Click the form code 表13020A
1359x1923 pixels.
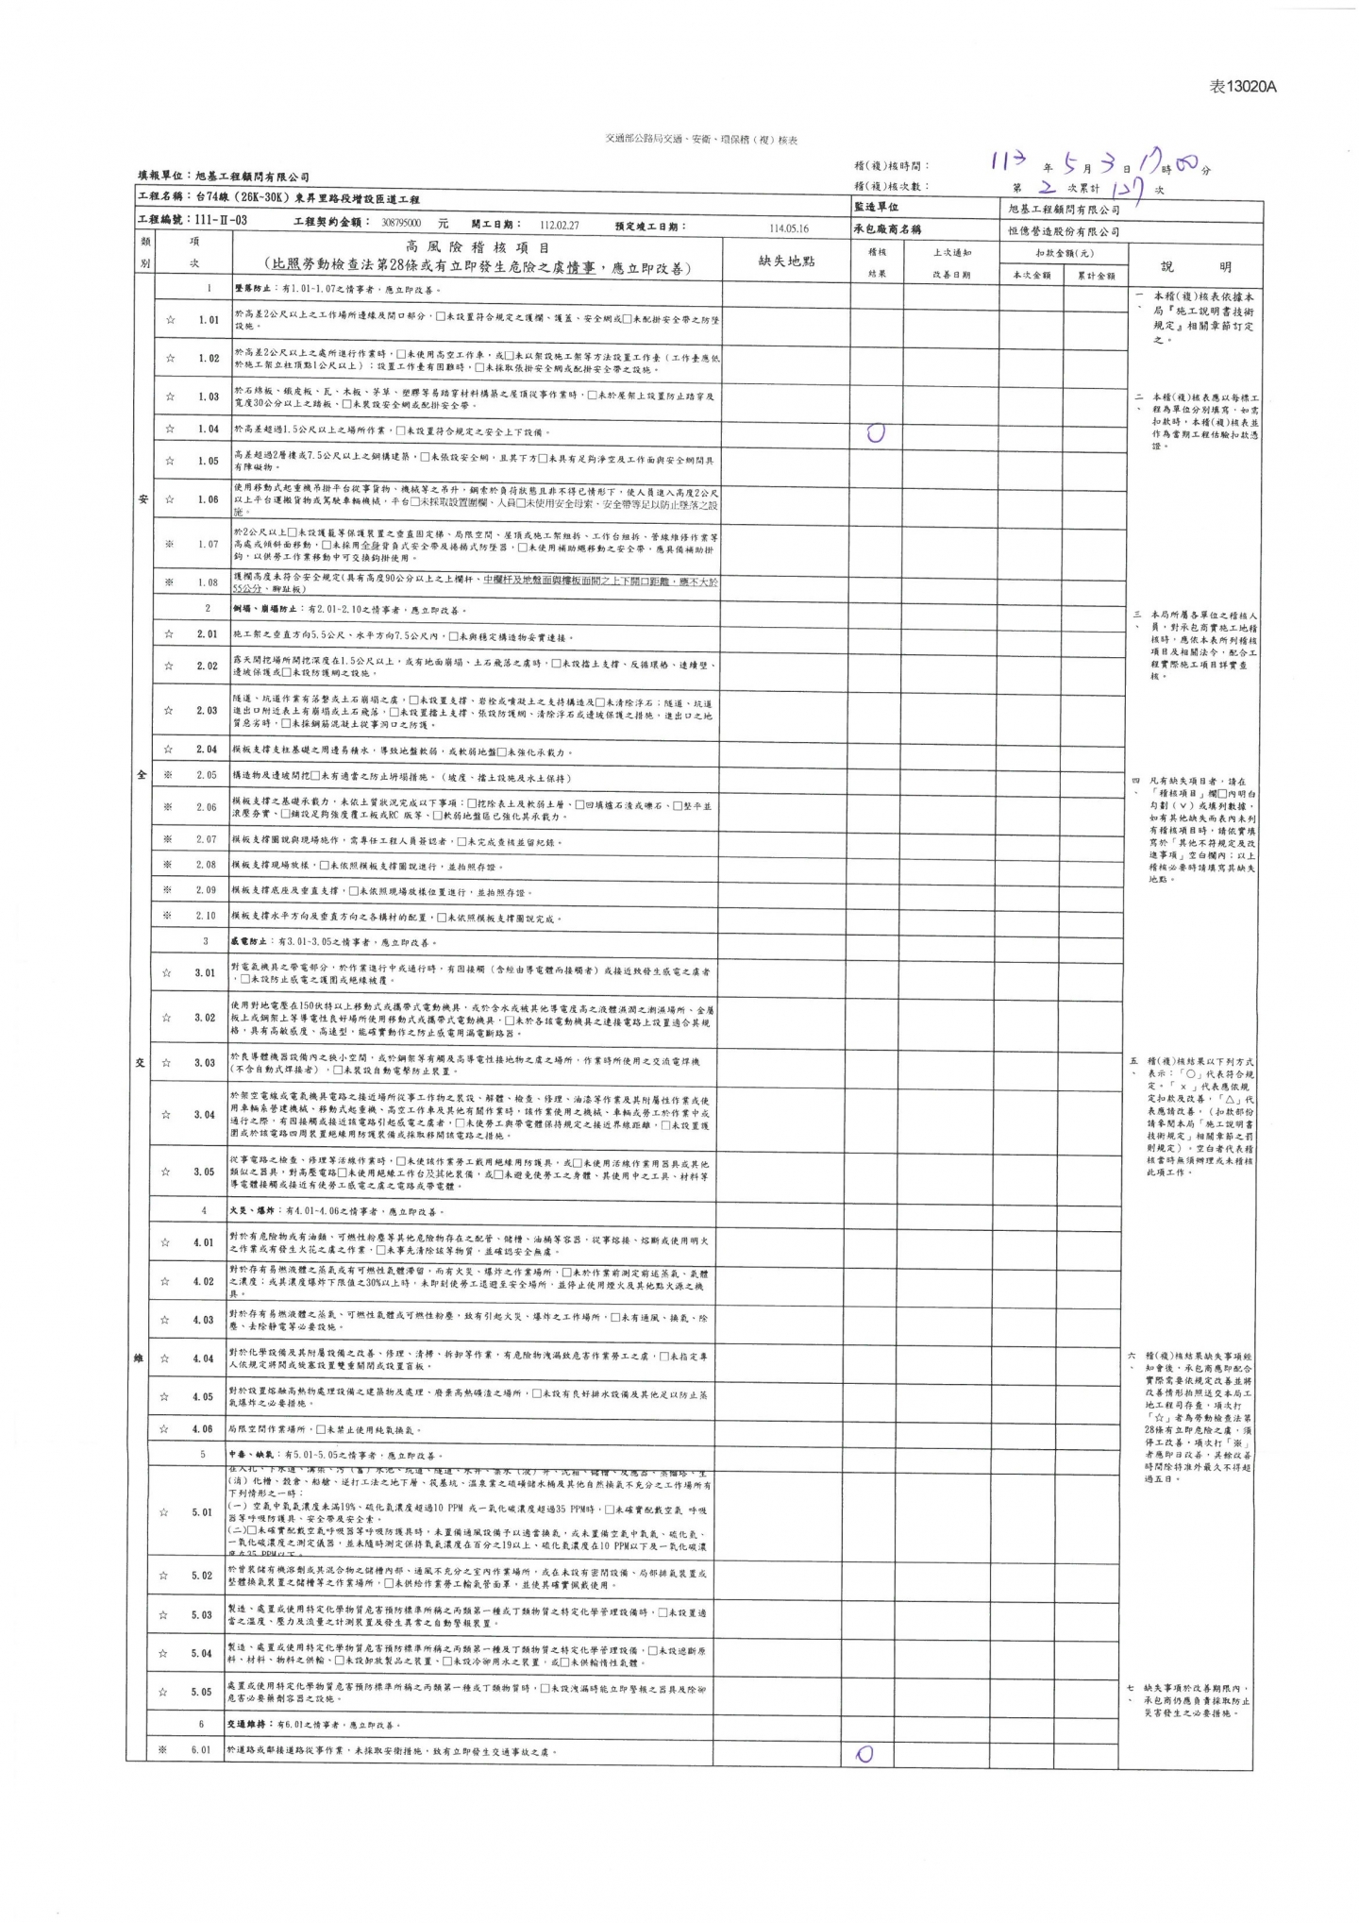point(1243,87)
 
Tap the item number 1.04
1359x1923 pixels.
point(209,430)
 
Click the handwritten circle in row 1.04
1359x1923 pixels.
point(876,433)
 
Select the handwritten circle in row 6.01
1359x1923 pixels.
point(864,1753)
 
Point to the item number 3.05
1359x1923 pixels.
point(205,1172)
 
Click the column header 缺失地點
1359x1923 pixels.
point(786,261)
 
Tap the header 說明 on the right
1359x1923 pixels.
point(1194,266)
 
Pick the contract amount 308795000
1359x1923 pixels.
point(401,227)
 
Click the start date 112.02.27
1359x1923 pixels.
point(559,227)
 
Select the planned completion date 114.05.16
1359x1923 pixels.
point(789,228)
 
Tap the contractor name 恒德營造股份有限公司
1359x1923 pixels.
point(1062,231)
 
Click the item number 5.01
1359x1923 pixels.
point(202,1511)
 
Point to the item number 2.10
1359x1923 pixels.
point(206,916)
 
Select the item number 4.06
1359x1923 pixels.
point(204,1429)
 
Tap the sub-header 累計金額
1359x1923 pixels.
point(1095,275)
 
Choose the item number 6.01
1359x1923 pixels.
point(201,1750)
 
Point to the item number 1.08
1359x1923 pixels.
point(208,582)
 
